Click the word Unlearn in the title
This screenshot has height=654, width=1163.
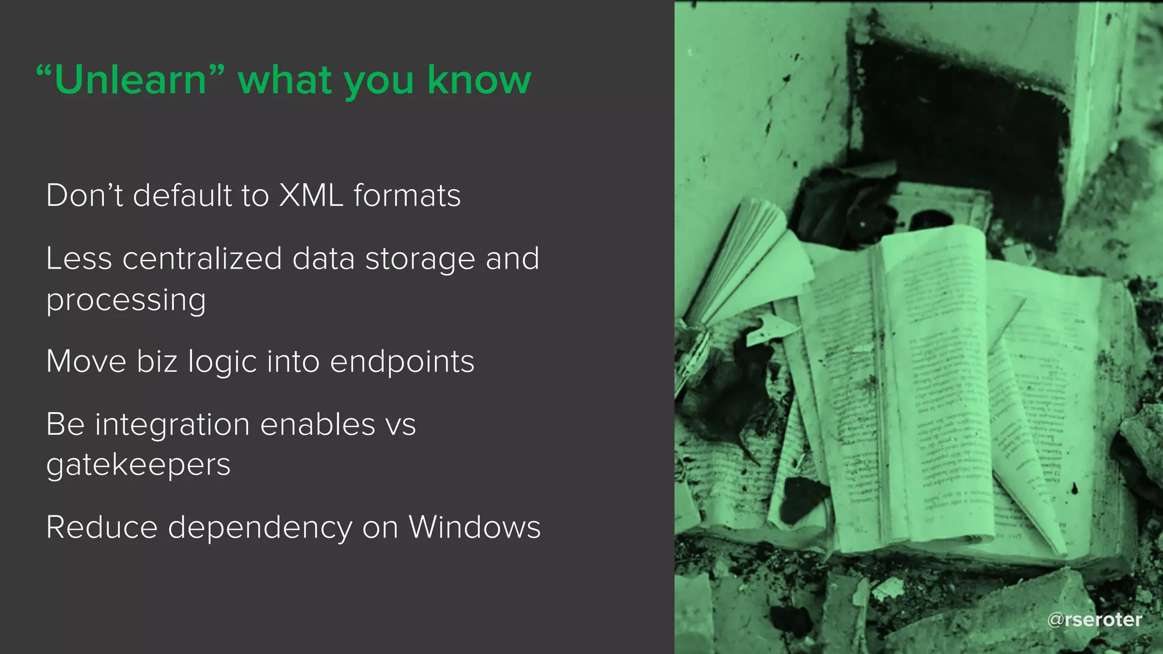pyautogui.click(x=131, y=80)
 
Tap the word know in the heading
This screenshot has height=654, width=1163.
pyautogui.click(x=479, y=80)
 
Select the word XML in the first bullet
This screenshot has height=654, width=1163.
pyautogui.click(x=311, y=196)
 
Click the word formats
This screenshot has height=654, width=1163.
pyautogui.click(x=407, y=196)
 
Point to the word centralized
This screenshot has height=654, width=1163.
pyautogui.click(x=202, y=259)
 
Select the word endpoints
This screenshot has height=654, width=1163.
pyautogui.click(x=401, y=362)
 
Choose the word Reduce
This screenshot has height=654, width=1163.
pyautogui.click(x=102, y=527)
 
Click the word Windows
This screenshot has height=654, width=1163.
pyautogui.click(x=474, y=527)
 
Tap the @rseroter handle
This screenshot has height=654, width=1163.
pyautogui.click(x=1094, y=619)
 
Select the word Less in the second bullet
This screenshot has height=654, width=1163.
pyautogui.click(x=79, y=259)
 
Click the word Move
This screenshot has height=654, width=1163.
pyautogui.click(x=86, y=362)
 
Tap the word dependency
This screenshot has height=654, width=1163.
pyautogui.click(x=260, y=529)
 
